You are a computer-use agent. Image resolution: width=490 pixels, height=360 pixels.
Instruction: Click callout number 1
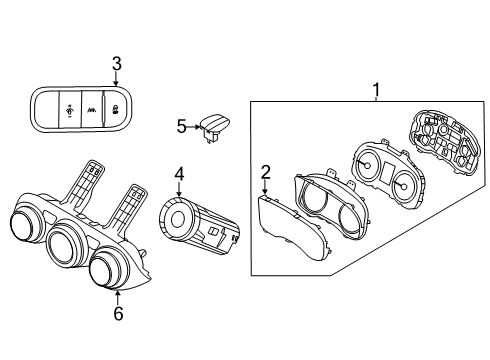point(376,90)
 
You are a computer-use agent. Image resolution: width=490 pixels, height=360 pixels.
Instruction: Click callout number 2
point(265,172)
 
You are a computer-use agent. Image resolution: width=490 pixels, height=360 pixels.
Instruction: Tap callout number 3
point(116,64)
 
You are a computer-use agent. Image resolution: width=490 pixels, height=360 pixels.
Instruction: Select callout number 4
point(179,174)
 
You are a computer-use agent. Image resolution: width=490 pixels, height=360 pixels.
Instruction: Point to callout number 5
point(182,127)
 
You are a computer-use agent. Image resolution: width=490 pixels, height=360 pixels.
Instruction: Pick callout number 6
point(118,313)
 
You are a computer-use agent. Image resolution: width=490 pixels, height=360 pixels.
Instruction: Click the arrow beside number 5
point(194,127)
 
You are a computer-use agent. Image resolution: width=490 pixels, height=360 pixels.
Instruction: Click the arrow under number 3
point(116,79)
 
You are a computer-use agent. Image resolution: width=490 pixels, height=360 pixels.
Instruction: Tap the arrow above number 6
point(117,298)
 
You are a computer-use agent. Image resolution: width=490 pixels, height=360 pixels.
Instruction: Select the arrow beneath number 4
point(179,190)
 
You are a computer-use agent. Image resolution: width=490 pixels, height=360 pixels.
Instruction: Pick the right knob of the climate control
point(106,270)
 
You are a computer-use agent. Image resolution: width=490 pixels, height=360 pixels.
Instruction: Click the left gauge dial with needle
point(366,165)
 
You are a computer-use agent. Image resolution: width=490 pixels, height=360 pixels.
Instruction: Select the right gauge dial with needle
point(403,186)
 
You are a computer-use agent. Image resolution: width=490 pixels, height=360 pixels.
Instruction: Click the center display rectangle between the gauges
point(387,172)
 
